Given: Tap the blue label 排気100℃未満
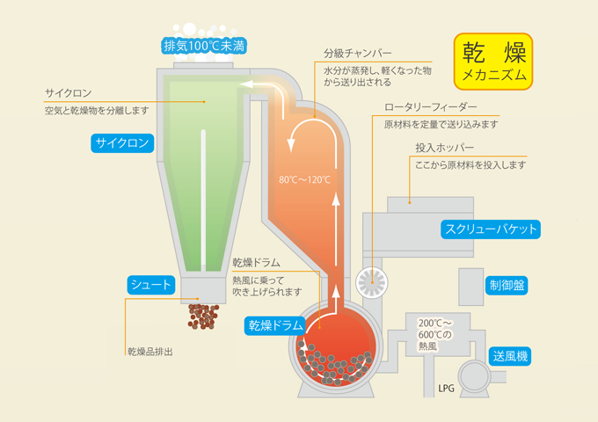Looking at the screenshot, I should [205, 45].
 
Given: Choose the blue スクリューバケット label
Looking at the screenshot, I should [489, 229].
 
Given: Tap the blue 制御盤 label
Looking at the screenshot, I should [508, 285].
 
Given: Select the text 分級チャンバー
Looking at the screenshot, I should [357, 54].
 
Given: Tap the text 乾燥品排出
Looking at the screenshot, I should [149, 352].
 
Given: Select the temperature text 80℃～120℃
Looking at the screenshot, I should [304, 179].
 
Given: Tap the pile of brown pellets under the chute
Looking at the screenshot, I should [203, 316].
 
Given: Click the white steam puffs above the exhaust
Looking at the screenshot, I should [204, 29].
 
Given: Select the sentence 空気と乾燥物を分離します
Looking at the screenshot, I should [97, 111].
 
